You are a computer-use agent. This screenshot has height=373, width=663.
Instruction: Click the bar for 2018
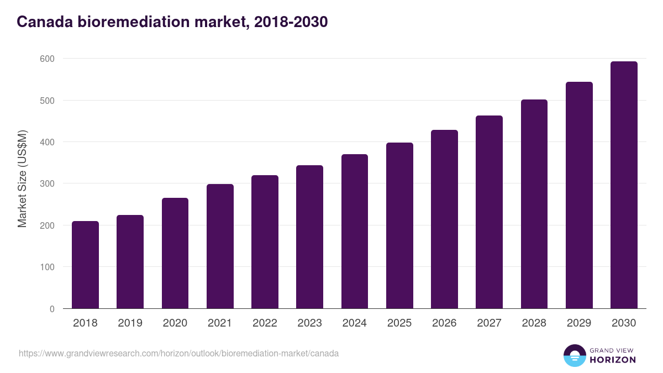click(85, 265)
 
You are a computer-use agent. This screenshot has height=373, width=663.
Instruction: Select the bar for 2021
click(220, 246)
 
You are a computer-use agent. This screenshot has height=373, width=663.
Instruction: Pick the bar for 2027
click(489, 212)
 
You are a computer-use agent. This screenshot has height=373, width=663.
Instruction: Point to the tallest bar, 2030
click(624, 185)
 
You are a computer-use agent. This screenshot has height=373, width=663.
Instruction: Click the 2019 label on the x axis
click(130, 323)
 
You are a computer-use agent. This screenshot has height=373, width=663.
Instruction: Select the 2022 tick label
click(265, 323)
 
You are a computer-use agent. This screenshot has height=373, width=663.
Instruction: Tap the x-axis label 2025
click(399, 323)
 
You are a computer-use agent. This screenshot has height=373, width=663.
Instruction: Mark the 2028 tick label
click(534, 323)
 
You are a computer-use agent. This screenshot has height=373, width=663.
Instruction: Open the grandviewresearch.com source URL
click(178, 353)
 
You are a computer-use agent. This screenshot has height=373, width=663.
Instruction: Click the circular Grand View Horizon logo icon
click(575, 355)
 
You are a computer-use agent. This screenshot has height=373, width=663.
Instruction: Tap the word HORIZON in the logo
click(613, 360)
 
